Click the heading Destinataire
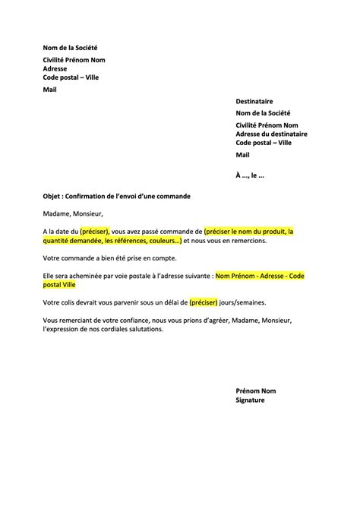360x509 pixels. click(x=254, y=101)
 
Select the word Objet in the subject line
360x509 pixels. click(x=53, y=196)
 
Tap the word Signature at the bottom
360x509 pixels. click(x=251, y=400)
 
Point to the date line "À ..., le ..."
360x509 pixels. click(x=251, y=175)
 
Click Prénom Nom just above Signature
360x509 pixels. click(x=256, y=390)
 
